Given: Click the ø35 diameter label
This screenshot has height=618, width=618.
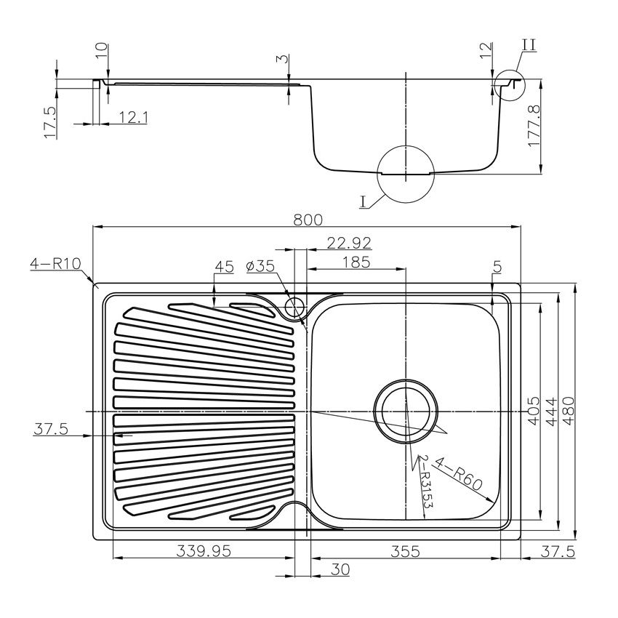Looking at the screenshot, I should (x=260, y=267).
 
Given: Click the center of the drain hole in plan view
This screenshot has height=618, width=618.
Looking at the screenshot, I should (x=406, y=412).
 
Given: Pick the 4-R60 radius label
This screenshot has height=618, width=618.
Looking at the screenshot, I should (x=465, y=481).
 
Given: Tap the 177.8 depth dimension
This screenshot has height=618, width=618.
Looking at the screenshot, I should (x=534, y=126).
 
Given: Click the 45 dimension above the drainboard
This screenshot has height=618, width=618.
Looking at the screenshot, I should (x=224, y=267).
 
